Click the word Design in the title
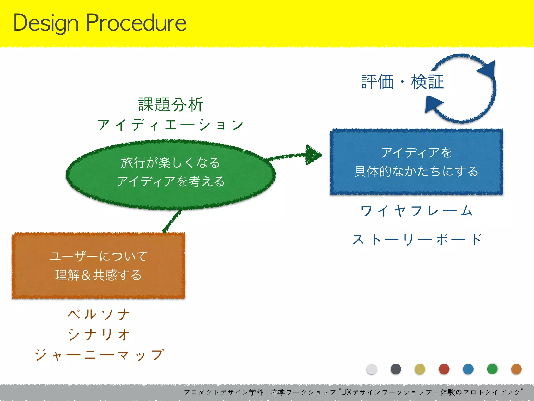pos(46,23)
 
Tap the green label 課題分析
pos(171,105)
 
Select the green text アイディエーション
pos(171,125)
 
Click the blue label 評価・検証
pos(403,82)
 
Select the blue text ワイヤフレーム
pos(416,211)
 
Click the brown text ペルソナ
pos(99,314)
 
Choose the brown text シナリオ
pos(99,334)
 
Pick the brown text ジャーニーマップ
pos(99,355)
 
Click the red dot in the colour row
pos(444,369)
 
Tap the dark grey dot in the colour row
pos(396,369)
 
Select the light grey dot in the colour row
pos(372,369)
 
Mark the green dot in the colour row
pos(492,369)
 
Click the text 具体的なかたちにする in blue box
pos(416,172)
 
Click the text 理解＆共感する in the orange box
pos(99,275)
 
